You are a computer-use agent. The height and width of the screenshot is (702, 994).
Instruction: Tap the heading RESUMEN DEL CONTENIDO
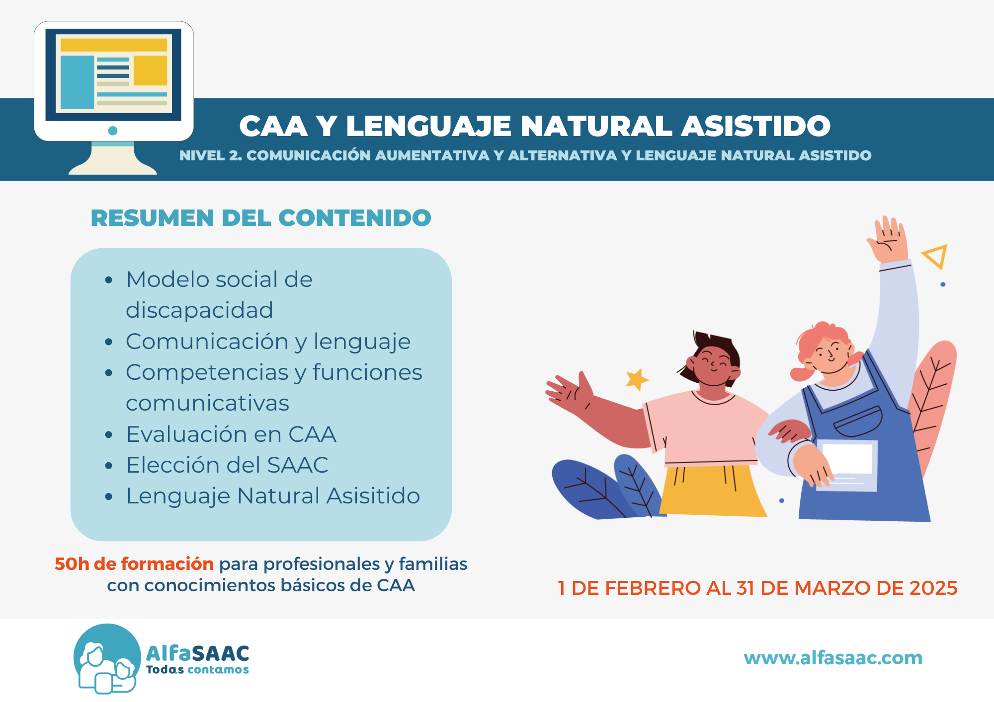click(x=261, y=218)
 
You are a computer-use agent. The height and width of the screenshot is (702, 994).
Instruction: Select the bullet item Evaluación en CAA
click(x=231, y=434)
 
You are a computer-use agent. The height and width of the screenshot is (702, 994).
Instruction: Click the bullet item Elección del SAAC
click(x=227, y=465)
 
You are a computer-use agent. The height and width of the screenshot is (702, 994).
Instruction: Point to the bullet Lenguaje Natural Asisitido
click(x=273, y=496)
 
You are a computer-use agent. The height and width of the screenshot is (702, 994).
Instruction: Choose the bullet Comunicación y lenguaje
click(x=268, y=342)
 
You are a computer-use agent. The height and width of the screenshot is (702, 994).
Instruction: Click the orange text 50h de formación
click(x=134, y=564)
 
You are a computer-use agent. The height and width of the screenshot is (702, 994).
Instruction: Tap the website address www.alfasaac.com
click(x=833, y=658)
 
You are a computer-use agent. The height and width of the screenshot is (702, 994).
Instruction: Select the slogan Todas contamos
click(x=197, y=670)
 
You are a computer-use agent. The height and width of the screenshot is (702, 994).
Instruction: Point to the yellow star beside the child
click(x=637, y=379)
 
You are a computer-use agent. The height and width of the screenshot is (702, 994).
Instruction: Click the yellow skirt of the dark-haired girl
click(x=712, y=491)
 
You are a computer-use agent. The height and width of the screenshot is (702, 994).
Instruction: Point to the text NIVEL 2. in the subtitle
click(x=211, y=156)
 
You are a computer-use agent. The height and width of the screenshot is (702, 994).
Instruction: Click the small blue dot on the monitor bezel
click(x=113, y=131)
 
